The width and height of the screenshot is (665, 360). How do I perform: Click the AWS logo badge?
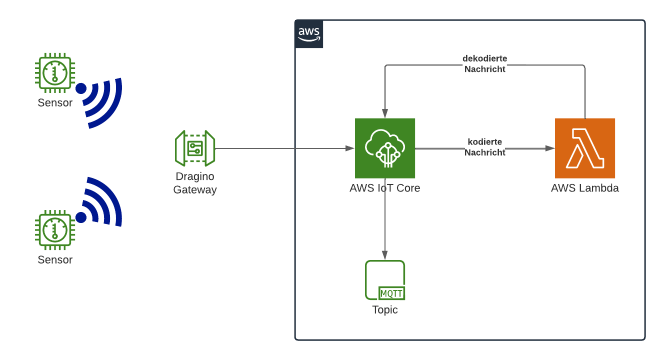point(309,34)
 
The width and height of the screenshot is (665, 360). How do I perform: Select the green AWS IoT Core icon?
point(385,148)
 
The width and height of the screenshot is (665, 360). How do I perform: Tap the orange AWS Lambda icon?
point(584,148)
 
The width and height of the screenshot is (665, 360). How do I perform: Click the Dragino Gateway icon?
point(195,148)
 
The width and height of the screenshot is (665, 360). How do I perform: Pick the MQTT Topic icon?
point(385,280)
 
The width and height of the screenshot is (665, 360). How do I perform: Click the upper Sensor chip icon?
point(54,73)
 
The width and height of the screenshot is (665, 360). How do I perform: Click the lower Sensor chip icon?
point(54,229)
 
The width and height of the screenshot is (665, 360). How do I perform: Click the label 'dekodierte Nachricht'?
point(484,64)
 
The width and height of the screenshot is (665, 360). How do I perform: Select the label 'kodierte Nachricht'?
point(484,147)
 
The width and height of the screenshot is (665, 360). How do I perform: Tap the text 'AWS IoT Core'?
point(385,188)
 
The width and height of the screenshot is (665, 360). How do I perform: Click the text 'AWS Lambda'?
point(584,188)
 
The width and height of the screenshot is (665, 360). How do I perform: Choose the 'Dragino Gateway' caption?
point(195,183)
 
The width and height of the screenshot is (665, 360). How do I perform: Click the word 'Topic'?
point(385,310)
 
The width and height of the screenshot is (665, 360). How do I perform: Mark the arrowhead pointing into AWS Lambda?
point(550,148)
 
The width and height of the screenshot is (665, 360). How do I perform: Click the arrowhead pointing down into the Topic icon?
point(385,255)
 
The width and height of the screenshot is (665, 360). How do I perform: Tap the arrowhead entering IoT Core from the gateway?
point(350,148)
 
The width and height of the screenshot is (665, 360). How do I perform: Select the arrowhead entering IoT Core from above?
point(385,114)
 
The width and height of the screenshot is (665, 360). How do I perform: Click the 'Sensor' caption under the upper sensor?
point(55,103)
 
